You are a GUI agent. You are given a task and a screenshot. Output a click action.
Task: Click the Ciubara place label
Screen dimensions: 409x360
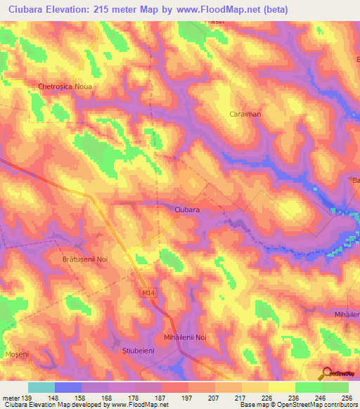click(187, 209)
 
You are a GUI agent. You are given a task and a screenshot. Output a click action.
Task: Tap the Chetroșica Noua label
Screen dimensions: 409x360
click(66, 86)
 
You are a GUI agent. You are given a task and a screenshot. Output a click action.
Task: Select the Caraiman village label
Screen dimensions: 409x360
click(245, 113)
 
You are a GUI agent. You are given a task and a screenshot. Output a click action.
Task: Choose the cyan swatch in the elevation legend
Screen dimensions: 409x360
click(41, 387)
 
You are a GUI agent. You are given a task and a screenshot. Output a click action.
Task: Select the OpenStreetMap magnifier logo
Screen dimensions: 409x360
click(327, 373)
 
